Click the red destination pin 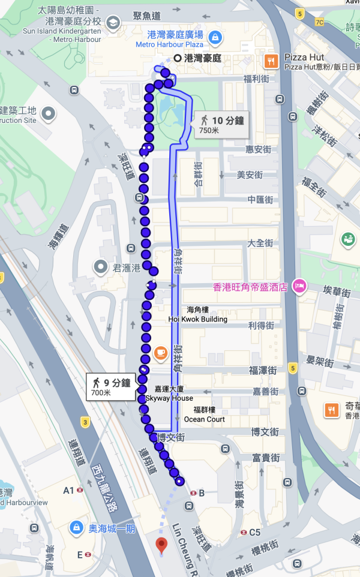tap(161, 545)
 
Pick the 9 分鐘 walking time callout tap(110, 387)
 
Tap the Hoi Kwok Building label tap(198, 319)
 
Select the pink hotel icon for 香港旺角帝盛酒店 tap(299, 287)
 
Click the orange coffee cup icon tap(160, 353)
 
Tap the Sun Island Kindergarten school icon tap(112, 23)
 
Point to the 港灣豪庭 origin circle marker tap(177, 58)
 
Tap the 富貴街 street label tap(265, 458)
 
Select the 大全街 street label tap(260, 244)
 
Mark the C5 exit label tap(255, 532)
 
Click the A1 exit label tap(69, 491)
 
